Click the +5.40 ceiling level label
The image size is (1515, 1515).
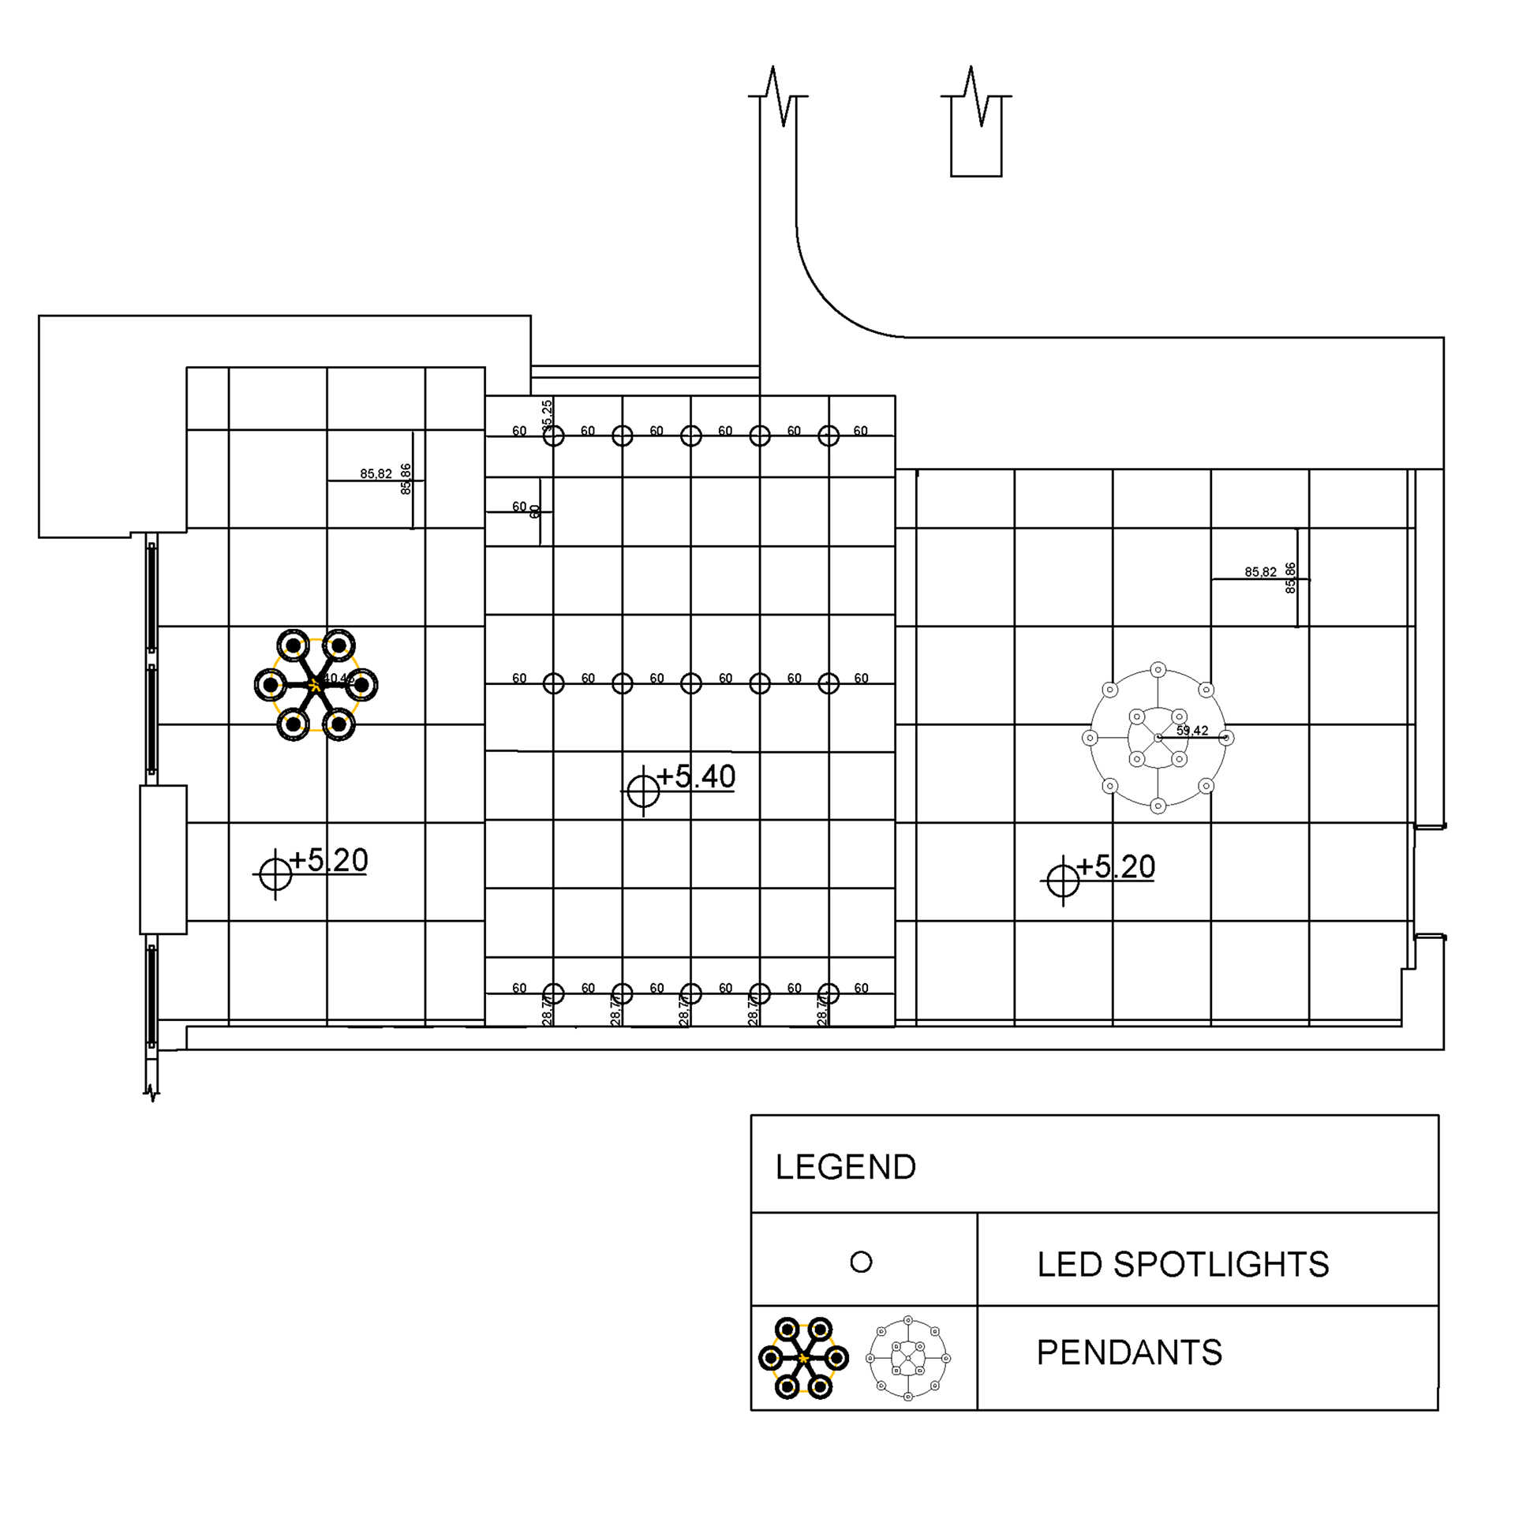coord(695,777)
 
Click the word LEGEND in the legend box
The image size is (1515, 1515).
coord(845,1167)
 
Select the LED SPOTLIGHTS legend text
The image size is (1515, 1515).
coord(1182,1264)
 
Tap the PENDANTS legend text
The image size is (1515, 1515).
coord(1128,1352)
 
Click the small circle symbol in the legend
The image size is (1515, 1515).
coord(861,1262)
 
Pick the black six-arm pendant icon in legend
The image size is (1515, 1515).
coord(803,1358)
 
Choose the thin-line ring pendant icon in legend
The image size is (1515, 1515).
coord(908,1358)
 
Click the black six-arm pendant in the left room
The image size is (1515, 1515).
coord(316,685)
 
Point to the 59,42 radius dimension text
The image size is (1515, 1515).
coord(1191,731)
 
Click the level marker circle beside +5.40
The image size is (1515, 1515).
coord(643,791)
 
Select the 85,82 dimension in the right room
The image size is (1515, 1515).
coord(1260,572)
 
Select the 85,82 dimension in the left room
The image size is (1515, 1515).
coord(376,474)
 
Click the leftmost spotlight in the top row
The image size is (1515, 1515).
coord(553,436)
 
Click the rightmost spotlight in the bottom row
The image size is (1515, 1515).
coord(829,993)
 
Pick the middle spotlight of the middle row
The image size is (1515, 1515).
coord(691,683)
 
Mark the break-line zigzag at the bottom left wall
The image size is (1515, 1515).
coord(151,1093)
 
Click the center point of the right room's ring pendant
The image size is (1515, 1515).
coord(1158,738)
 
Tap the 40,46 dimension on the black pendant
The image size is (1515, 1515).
coord(339,679)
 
